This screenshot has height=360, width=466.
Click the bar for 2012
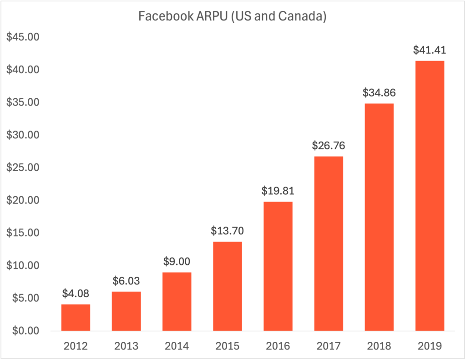[76, 317]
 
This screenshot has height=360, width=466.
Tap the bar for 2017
[329, 243]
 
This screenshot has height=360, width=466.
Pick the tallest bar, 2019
[430, 196]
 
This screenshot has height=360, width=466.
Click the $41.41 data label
[430, 50]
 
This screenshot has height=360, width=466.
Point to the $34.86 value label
[379, 93]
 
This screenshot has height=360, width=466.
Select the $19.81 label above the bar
[278, 191]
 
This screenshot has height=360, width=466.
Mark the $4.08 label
[76, 294]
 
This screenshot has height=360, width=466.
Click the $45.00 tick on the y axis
[23, 37]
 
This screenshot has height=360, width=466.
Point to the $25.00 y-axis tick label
[23, 167]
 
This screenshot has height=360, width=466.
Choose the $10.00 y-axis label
[23, 265]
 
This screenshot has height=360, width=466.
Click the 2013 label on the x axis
[126, 346]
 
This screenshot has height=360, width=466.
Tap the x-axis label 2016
[278, 346]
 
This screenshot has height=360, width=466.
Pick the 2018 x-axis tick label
[379, 346]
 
